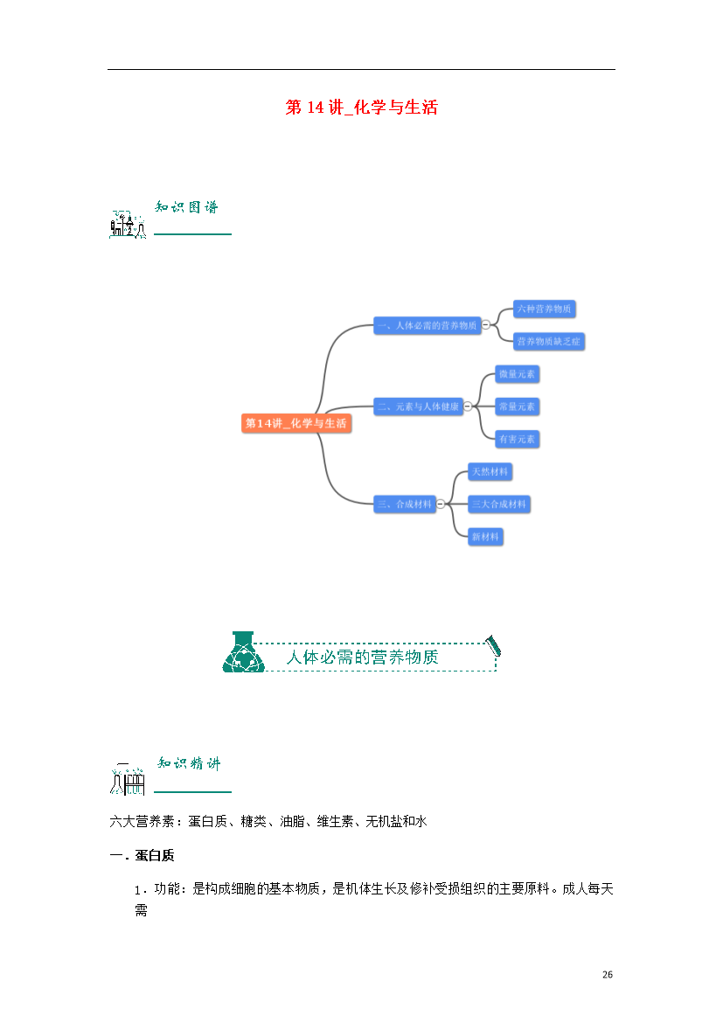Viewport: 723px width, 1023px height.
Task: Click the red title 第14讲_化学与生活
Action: (x=362, y=107)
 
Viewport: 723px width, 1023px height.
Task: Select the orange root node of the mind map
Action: (x=296, y=423)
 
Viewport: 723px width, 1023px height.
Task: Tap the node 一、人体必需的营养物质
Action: (x=428, y=325)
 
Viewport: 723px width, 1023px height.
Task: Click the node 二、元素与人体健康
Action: (x=418, y=407)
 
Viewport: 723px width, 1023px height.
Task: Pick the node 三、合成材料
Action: (x=405, y=505)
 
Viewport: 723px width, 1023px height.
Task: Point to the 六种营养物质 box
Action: (x=544, y=309)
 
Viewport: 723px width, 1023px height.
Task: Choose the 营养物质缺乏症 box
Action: (x=549, y=341)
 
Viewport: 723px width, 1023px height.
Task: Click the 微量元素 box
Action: (x=517, y=374)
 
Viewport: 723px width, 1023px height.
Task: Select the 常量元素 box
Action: (x=517, y=407)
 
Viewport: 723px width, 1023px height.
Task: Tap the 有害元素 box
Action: (x=517, y=439)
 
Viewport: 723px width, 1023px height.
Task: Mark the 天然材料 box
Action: (x=490, y=471)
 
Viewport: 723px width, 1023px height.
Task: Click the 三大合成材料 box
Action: (x=499, y=505)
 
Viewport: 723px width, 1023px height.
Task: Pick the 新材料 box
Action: (x=485, y=537)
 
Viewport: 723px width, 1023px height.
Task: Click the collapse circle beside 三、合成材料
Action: (x=441, y=505)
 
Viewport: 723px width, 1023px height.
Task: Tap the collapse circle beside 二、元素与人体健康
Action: (x=468, y=407)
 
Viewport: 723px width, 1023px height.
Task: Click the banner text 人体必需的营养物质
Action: (x=362, y=657)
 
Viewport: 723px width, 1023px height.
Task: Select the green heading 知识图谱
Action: (x=186, y=207)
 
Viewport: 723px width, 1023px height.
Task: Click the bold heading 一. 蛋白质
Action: (x=142, y=855)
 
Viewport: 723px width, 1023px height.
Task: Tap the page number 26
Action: (x=608, y=975)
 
